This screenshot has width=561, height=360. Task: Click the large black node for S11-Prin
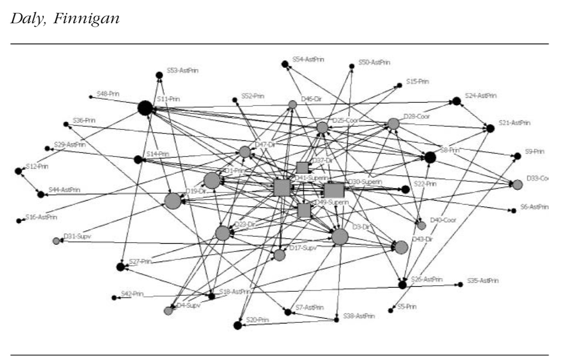145,108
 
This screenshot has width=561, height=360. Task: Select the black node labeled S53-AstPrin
159,75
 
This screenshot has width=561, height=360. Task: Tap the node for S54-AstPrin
285,64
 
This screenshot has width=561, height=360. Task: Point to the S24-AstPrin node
457,101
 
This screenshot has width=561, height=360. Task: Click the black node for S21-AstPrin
490,128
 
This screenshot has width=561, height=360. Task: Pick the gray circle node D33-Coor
517,184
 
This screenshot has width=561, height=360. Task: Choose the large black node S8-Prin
430,157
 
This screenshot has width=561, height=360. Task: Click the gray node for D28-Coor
393,124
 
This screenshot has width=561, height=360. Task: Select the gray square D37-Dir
302,167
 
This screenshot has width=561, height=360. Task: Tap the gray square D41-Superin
281,187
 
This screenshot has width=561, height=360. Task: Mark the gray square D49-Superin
304,210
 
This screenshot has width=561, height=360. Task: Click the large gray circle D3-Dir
340,237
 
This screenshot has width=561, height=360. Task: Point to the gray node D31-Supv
57,241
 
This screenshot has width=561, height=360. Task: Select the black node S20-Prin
237,325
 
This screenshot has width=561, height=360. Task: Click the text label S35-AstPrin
483,281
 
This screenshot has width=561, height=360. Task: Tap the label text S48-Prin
108,93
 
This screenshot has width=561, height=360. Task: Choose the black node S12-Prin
18,171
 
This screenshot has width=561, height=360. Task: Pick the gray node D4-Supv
168,311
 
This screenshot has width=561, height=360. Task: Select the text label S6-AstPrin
534,207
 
